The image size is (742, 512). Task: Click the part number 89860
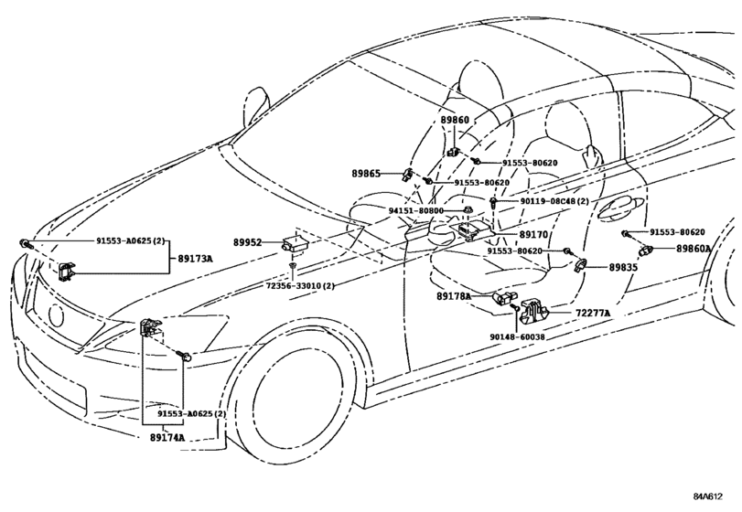pyautogui.click(x=455, y=120)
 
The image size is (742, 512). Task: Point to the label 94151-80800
pyautogui.click(x=415, y=210)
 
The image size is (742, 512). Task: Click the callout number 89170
pyautogui.click(x=533, y=234)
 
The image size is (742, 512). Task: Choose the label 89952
pyautogui.click(x=247, y=243)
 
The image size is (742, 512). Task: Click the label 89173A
pyautogui.click(x=195, y=259)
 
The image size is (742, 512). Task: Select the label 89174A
pyautogui.click(x=168, y=438)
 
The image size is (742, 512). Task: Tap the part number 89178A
pyautogui.click(x=453, y=296)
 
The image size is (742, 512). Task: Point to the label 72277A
pyautogui.click(x=593, y=314)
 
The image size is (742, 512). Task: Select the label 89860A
pyautogui.click(x=694, y=248)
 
